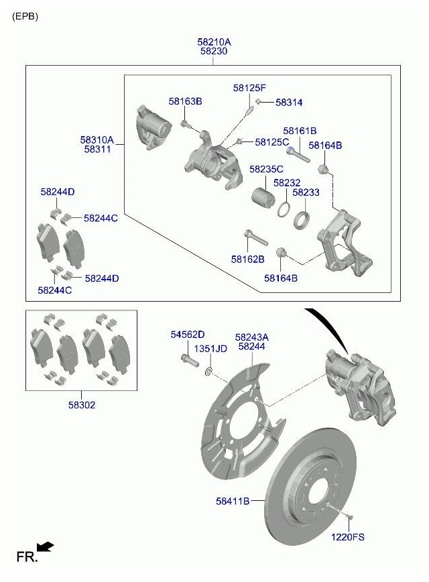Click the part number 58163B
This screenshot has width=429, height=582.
click(x=185, y=101)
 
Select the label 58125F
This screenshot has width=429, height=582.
click(x=249, y=88)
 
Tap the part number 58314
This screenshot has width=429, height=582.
click(x=289, y=103)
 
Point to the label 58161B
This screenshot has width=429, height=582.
click(x=300, y=131)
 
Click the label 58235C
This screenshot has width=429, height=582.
click(x=266, y=170)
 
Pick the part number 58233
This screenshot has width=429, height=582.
click(x=306, y=192)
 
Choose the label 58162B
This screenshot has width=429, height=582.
click(x=248, y=259)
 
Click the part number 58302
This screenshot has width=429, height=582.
click(x=81, y=405)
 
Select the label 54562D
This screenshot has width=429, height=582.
click(x=187, y=334)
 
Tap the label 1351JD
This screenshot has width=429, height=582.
click(x=210, y=349)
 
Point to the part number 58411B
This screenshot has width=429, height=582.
click(x=233, y=501)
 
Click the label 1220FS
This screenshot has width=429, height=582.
click(x=349, y=536)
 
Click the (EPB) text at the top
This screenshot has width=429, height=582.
click(x=25, y=16)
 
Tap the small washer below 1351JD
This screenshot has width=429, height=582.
click(x=208, y=371)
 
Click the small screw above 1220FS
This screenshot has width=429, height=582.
click(x=351, y=516)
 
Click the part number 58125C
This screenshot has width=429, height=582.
click(x=271, y=142)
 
